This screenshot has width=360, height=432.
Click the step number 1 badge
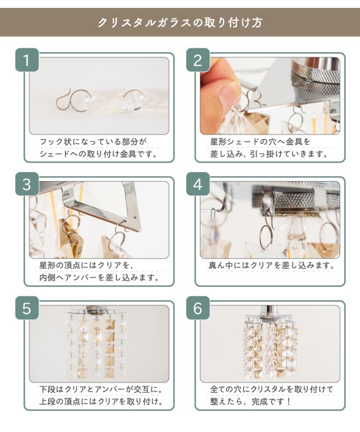click(x=26, y=60)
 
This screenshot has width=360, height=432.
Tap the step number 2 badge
click(x=198, y=60)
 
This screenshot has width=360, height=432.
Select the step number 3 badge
click(x=26, y=184)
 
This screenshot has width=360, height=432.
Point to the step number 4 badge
click(x=198, y=184)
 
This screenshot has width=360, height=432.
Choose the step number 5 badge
click(x=26, y=308)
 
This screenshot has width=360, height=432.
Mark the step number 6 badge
click(x=198, y=308)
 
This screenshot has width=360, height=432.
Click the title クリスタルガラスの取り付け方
click(x=180, y=22)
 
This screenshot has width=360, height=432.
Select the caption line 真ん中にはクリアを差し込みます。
click(x=272, y=265)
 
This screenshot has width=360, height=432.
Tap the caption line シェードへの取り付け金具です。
click(x=98, y=154)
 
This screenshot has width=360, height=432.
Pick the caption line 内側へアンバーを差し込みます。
click(x=100, y=277)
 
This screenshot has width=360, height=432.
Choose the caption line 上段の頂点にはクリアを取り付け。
click(x=101, y=402)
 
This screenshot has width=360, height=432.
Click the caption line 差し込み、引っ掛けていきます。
click(x=269, y=154)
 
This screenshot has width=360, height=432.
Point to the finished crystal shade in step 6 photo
click(x=270, y=347)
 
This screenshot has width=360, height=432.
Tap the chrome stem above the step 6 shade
click(x=270, y=310)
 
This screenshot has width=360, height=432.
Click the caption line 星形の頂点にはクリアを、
click(x=87, y=265)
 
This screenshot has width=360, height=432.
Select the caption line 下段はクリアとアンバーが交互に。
click(x=101, y=389)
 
